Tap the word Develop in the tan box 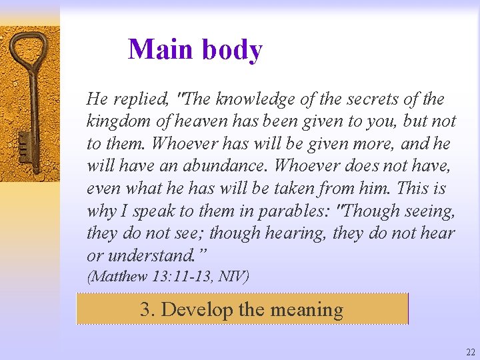[x=197, y=309]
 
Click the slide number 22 [x=471, y=352]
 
